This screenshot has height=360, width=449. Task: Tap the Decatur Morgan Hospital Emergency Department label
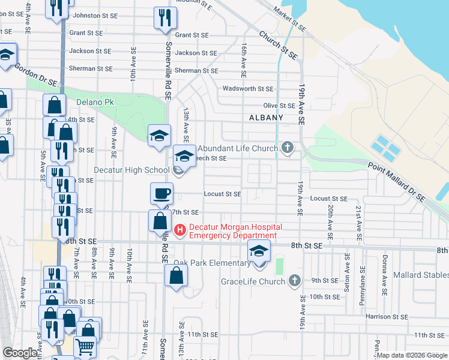pyautogui.click(x=233, y=232)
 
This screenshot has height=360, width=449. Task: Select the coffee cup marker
pyautogui.click(x=161, y=194)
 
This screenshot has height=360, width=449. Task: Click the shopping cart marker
pyautogui.click(x=85, y=347)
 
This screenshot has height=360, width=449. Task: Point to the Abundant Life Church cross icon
pyautogui.click(x=288, y=148)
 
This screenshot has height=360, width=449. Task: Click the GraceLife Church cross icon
pyautogui.click(x=294, y=280)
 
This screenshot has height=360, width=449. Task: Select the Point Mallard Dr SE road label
pyautogui.click(x=396, y=181)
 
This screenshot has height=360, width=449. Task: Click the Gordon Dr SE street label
pyautogui.click(x=37, y=74)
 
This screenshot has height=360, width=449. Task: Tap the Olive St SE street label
pyautogui.click(x=279, y=106)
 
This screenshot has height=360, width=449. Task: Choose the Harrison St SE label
pyautogui.click(x=387, y=316)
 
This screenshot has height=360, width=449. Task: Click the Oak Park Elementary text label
pyautogui.click(x=212, y=263)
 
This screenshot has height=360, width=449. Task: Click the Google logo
pyautogui.click(x=20, y=353)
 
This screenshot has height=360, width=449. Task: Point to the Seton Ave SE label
pyautogui.click(x=347, y=269)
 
